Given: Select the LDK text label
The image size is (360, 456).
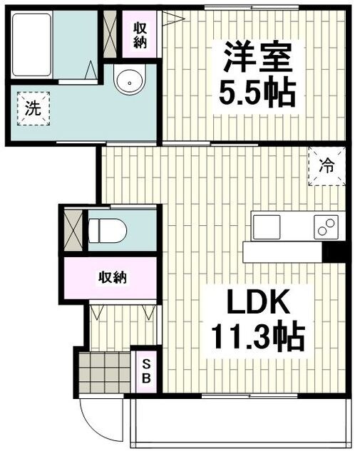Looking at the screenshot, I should click(x=258, y=305).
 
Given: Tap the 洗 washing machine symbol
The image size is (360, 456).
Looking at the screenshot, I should click(x=32, y=110).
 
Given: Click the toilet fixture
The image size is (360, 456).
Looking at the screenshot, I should click(x=107, y=230).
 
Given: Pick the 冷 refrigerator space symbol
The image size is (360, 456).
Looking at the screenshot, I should click(x=326, y=167).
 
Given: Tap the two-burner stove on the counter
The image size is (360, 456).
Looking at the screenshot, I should click(x=326, y=227).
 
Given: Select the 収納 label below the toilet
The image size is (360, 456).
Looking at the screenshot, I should click(x=113, y=277).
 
